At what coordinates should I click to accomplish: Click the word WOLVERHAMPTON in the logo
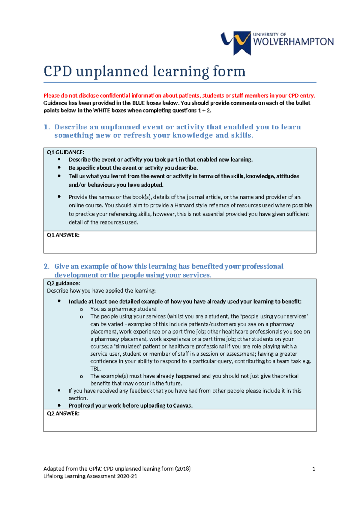pos(293,42)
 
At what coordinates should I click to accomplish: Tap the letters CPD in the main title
pos(58,71)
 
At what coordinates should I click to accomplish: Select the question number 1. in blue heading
pos(46,127)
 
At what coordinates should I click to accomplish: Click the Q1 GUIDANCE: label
pos(65,152)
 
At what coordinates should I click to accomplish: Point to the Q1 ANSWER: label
pos(63,235)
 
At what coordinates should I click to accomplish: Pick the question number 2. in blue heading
pos(46,266)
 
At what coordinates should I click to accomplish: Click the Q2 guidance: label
pos(63,283)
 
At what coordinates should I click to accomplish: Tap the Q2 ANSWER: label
pos(63,413)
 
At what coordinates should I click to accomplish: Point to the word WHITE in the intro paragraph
pos(102,110)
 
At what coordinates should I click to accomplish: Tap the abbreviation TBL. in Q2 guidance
pos(95,369)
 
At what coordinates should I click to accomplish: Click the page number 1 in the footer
pos(313,469)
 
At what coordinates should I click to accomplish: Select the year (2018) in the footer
pos(183,468)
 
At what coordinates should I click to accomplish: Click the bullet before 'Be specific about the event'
pos(59,167)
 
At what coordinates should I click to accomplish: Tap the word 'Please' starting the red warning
pos(51,96)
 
